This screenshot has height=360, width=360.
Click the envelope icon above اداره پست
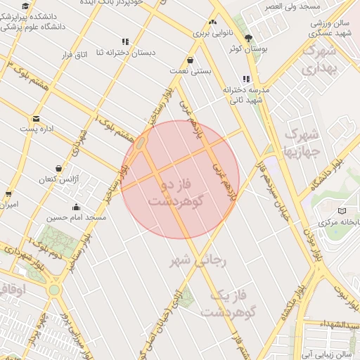tap(36, 118)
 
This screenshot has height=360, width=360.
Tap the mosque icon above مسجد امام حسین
tap(76, 207)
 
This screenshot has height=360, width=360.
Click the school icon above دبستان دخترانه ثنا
tap(125, 41)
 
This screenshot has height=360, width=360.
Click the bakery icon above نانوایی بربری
tap(212, 23)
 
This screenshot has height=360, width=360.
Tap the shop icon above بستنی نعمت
tap(191, 60)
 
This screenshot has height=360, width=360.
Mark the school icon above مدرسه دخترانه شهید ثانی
tap(246, 79)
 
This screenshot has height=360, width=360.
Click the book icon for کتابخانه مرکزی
tap(342, 211)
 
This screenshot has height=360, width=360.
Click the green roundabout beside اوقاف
tap(54, 290)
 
